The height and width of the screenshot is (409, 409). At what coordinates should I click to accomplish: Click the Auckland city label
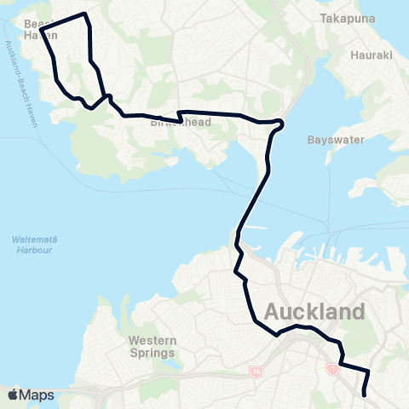point(316,312)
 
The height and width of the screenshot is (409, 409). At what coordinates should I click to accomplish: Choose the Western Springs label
point(152,347)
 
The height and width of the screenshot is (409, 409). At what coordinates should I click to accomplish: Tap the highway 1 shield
point(331,369)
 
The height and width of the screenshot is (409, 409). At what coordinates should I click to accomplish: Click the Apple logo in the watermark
point(13,395)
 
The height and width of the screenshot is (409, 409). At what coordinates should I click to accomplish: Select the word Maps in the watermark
point(38,395)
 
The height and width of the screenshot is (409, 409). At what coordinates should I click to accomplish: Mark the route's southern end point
point(366,395)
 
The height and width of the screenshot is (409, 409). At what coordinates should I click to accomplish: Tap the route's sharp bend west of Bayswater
point(281,124)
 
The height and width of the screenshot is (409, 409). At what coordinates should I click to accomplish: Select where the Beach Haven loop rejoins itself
point(106,95)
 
